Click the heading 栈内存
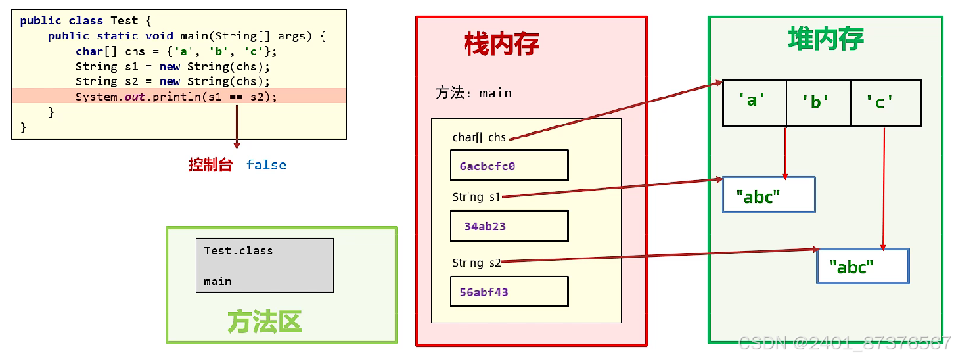(x=501, y=45)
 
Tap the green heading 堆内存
(x=826, y=39)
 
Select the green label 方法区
(x=264, y=322)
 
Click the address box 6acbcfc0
(x=509, y=166)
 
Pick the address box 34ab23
(x=509, y=226)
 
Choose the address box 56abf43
(x=509, y=292)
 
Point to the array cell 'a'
(x=754, y=102)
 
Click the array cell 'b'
(x=818, y=102)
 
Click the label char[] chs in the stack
(x=479, y=137)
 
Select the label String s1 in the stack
(x=476, y=197)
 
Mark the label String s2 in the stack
(x=476, y=263)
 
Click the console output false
(x=266, y=165)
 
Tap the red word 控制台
(x=210, y=165)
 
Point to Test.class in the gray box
(x=238, y=250)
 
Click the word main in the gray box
(x=217, y=281)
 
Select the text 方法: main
(x=473, y=93)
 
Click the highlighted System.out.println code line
(x=176, y=97)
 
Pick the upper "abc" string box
(x=768, y=194)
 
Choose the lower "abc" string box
(x=862, y=266)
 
